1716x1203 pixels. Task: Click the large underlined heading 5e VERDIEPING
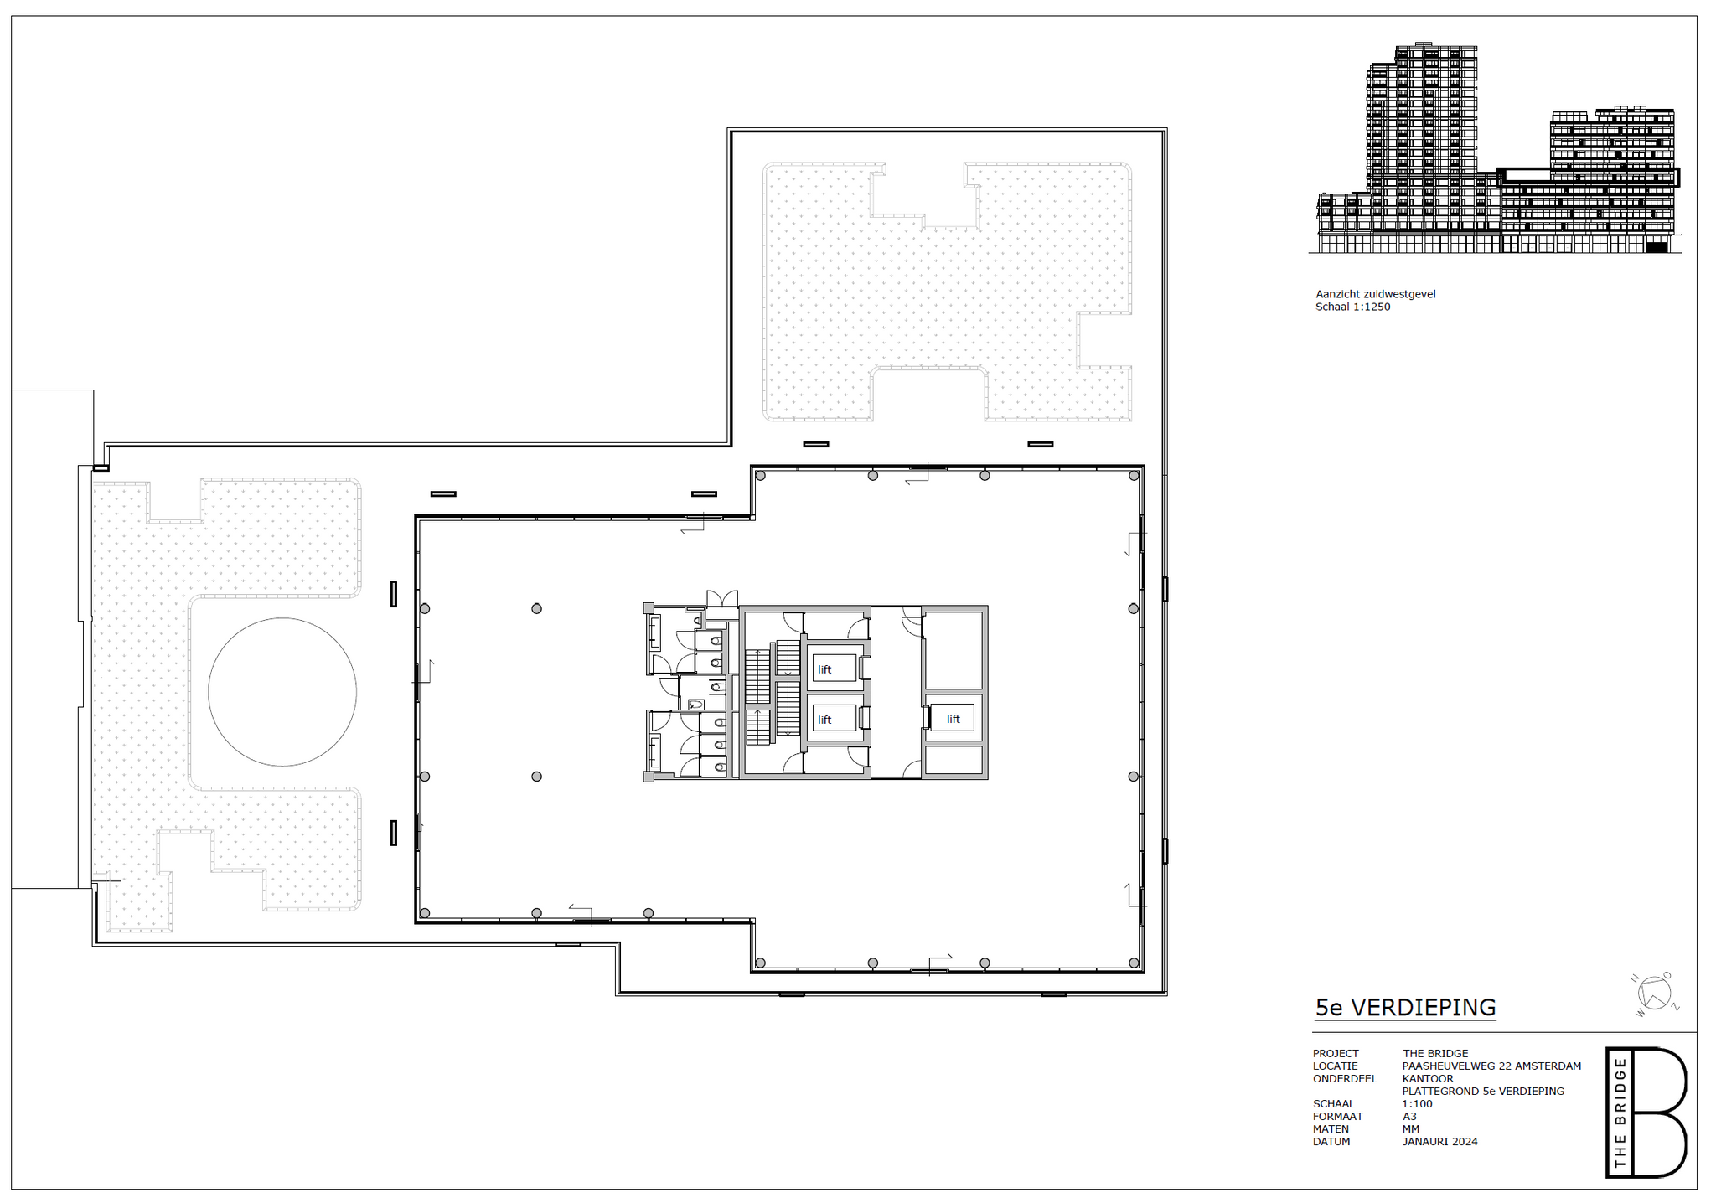(x=1405, y=1008)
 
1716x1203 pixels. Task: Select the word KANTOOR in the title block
(x=1428, y=1079)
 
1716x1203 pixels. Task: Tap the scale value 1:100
(x=1418, y=1104)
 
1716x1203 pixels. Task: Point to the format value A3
(x=1409, y=1117)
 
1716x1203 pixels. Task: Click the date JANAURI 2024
(x=1440, y=1142)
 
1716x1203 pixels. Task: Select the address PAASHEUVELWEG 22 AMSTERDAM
(x=1492, y=1066)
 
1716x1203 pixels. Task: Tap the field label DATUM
(x=1331, y=1142)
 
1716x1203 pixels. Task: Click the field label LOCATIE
(x=1336, y=1066)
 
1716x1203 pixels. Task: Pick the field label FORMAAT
(x=1338, y=1117)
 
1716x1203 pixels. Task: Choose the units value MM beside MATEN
(x=1411, y=1129)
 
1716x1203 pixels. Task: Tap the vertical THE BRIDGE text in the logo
(x=1620, y=1113)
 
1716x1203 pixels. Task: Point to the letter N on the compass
(x=1634, y=978)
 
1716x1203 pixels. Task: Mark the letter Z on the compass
(x=1675, y=1007)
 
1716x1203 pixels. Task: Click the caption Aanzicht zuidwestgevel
(x=1376, y=294)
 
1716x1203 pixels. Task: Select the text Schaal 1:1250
(x=1353, y=307)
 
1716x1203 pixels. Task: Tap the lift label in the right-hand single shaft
(x=954, y=719)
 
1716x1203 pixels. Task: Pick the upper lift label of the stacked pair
(x=825, y=669)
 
